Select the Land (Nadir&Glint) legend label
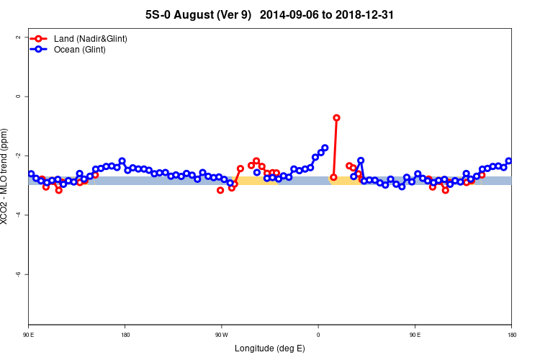(91, 38)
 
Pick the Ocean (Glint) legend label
(80, 50)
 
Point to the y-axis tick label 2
(17, 37)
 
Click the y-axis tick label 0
(17, 96)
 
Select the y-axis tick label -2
(17, 156)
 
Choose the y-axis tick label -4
(17, 215)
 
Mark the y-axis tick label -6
(17, 274)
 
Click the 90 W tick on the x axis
(222, 335)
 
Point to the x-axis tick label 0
(318, 335)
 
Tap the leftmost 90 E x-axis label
(29, 335)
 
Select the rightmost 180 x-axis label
(511, 335)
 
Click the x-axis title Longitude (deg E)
(270, 349)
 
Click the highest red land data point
(336, 117)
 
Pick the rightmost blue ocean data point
(509, 161)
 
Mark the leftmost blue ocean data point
(31, 174)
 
